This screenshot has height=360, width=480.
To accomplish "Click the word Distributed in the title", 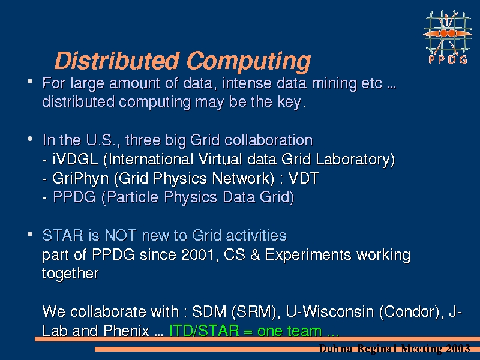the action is (x=116, y=61).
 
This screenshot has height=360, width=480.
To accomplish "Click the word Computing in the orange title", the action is (x=248, y=62).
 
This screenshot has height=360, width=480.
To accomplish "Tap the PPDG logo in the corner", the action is (x=447, y=37).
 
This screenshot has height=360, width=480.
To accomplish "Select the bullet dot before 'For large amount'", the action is (x=30, y=82).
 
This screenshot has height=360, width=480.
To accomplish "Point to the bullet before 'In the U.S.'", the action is (x=30, y=139).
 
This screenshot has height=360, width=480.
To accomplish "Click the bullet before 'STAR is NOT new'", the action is (x=30, y=235).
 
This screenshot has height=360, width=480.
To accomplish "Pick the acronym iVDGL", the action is (x=75, y=159).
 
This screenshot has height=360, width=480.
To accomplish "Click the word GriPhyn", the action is (x=80, y=179).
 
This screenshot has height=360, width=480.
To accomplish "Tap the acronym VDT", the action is (x=304, y=178).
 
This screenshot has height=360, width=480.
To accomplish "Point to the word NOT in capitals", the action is (x=121, y=235).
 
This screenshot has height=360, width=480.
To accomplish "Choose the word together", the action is (x=70, y=274).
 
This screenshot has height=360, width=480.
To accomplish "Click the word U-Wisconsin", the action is (x=329, y=311).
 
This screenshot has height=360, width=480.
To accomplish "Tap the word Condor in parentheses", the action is (x=410, y=311).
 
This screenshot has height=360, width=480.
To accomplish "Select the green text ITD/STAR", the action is (x=204, y=331).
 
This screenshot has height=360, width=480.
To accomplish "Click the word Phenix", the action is (x=126, y=331).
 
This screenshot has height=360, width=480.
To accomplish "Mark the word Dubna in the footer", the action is (x=335, y=349).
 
